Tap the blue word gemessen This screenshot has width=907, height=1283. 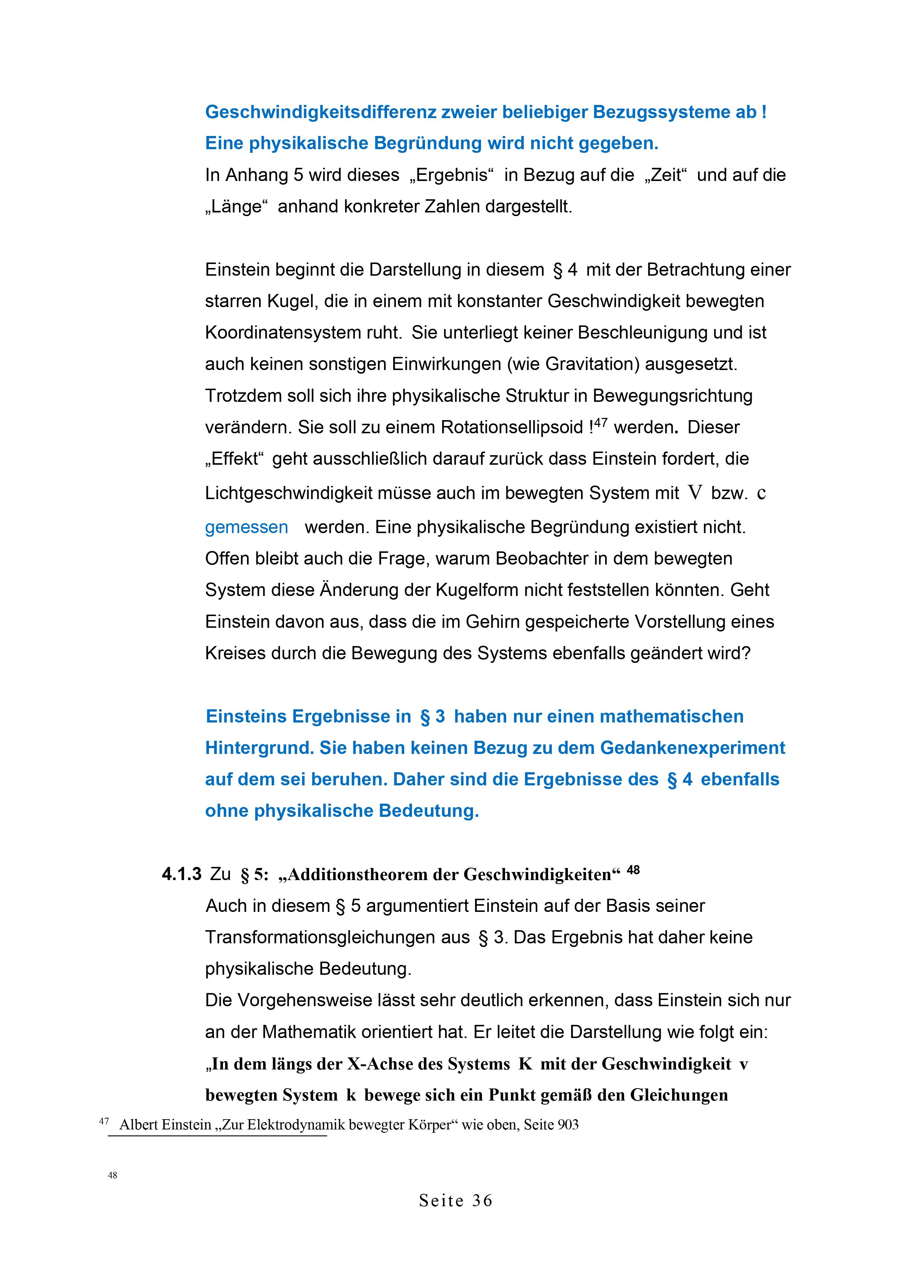tap(246, 527)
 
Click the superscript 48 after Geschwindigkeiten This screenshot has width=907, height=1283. tap(633, 869)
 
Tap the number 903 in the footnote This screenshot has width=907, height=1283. tap(568, 1125)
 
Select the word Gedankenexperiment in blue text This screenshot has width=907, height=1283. tap(692, 748)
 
